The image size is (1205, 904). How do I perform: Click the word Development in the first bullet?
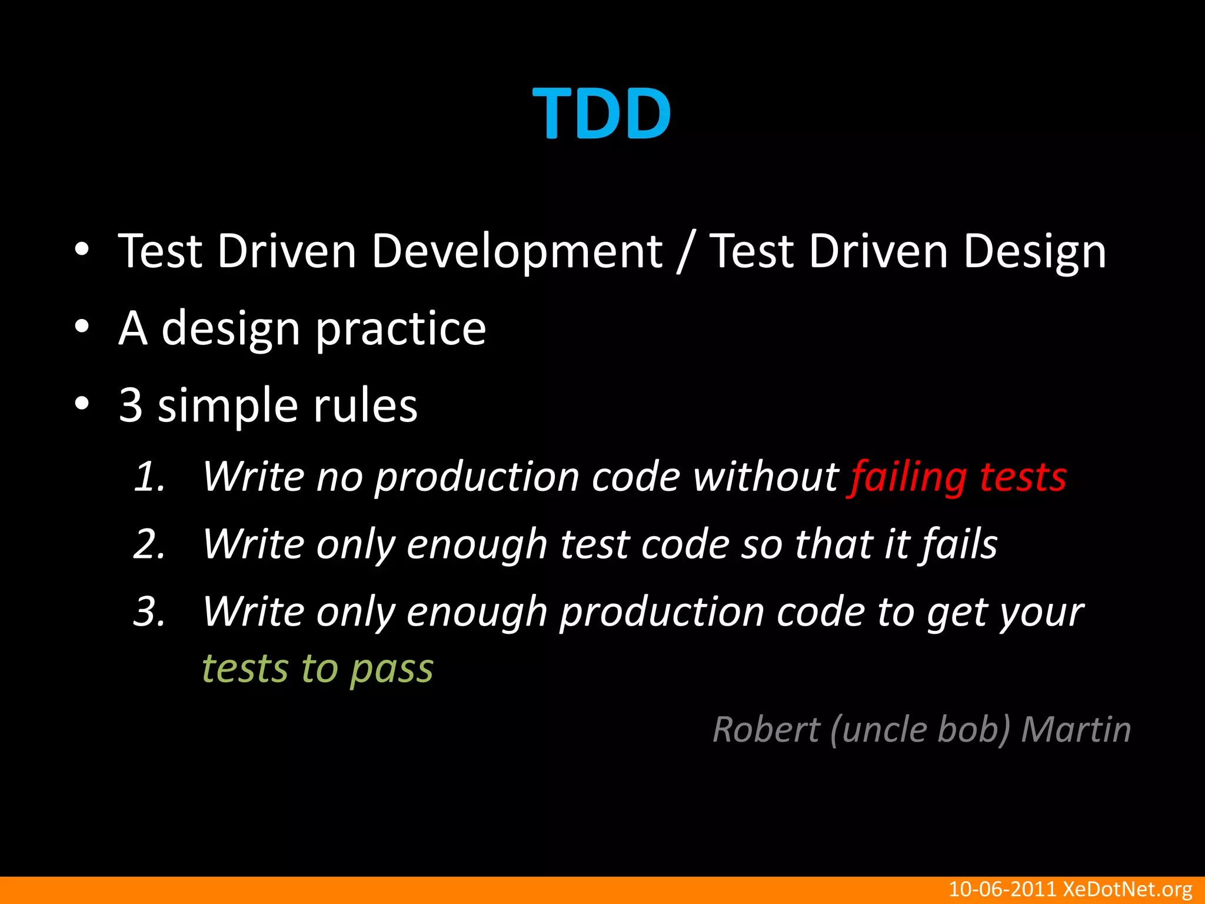click(x=517, y=251)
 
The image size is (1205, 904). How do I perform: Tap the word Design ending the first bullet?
click(x=1034, y=251)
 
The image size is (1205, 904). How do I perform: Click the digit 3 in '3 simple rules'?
click(x=131, y=406)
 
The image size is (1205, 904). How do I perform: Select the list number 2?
click(x=148, y=544)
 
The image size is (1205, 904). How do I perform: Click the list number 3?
click(x=148, y=611)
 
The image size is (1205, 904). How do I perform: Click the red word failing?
click(x=908, y=476)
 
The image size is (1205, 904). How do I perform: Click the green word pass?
click(x=392, y=669)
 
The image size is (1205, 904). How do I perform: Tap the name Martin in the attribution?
click(x=1076, y=730)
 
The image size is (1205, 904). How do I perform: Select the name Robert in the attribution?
click(x=766, y=730)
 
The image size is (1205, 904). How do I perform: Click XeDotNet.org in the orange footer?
click(x=1127, y=889)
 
